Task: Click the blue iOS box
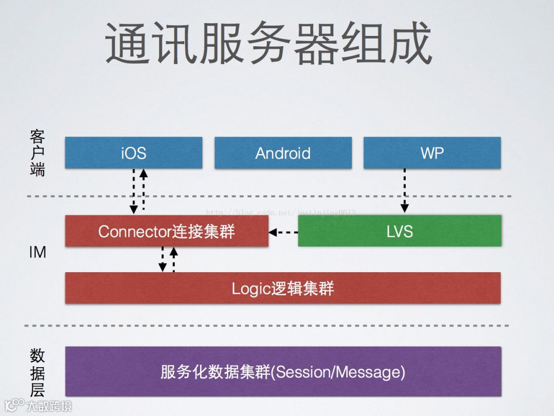click(x=133, y=153)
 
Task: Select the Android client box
click(x=283, y=153)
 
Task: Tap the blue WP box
click(x=432, y=153)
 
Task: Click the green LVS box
click(x=399, y=231)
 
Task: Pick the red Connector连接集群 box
click(x=166, y=231)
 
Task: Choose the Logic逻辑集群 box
click(x=283, y=288)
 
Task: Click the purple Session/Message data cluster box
click(x=283, y=371)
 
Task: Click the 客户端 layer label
click(x=37, y=153)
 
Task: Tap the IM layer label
click(x=37, y=252)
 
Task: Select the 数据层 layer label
click(x=37, y=372)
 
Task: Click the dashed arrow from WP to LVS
click(x=404, y=191)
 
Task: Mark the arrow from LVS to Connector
click(x=283, y=232)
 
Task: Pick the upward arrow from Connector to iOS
click(x=144, y=190)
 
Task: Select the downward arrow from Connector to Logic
click(x=163, y=259)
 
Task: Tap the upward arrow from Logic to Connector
click(x=173, y=259)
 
